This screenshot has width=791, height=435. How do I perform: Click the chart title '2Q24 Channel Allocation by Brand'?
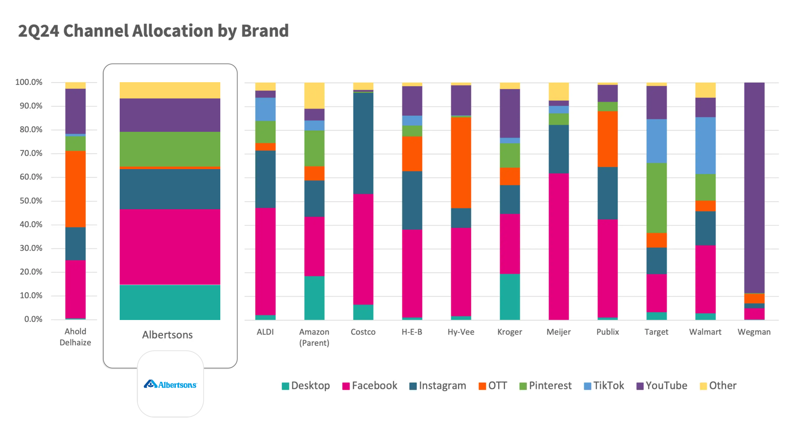point(153,31)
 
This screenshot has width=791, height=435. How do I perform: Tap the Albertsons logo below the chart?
point(170,384)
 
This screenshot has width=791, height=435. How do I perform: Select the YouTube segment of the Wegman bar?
point(754,187)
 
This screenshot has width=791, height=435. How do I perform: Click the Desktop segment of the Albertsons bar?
point(170,302)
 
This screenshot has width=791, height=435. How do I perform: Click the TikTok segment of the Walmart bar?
point(705,145)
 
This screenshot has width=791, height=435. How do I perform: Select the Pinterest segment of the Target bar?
point(656,198)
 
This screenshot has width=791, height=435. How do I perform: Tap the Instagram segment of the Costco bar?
point(363,143)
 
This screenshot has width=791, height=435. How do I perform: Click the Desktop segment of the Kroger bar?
point(510,296)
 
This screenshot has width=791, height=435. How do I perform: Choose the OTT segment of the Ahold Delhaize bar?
point(75,189)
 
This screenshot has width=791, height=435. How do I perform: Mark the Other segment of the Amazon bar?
point(314,96)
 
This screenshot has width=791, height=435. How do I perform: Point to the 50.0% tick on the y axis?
point(31,201)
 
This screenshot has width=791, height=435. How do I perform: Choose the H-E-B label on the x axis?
point(412,332)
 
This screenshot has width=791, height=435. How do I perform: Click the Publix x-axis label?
point(607,332)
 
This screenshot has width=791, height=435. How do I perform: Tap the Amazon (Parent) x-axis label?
point(314,337)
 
